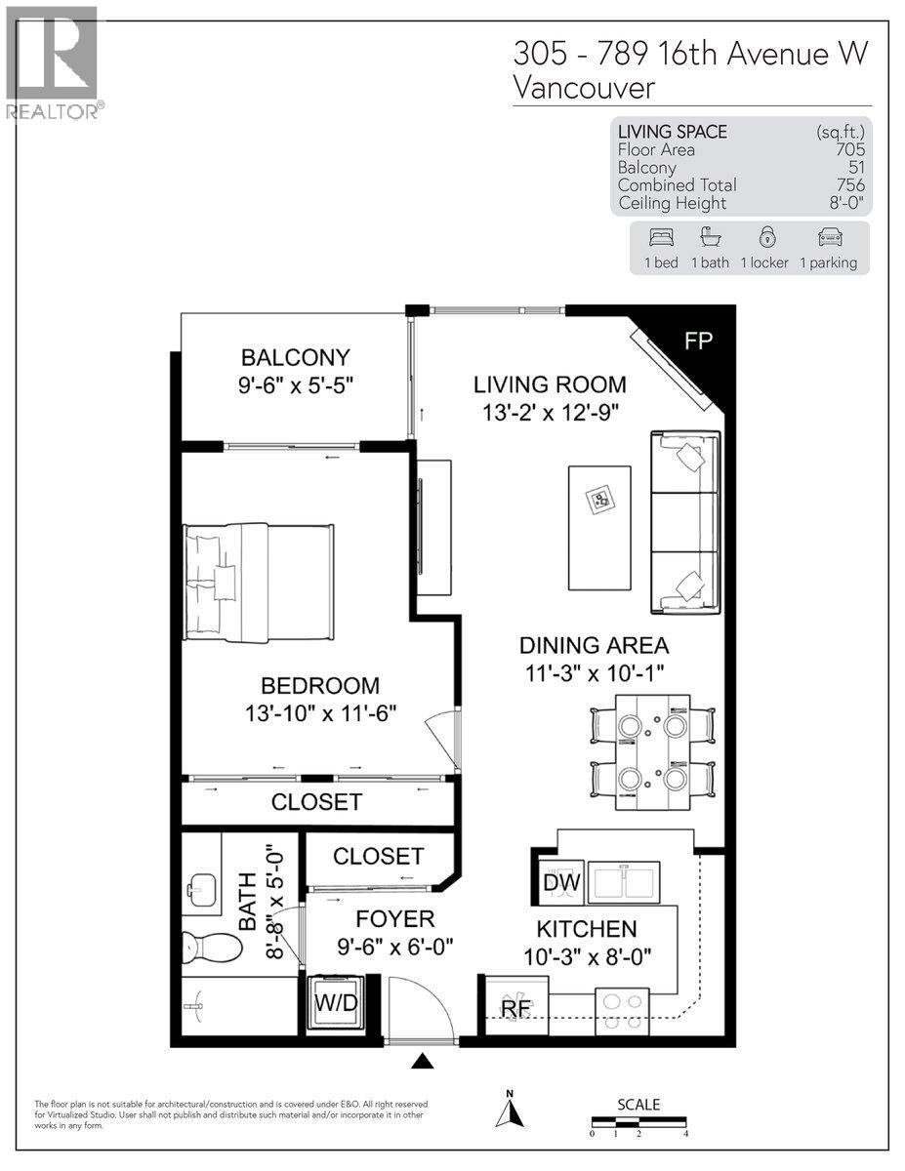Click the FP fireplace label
point(699,341)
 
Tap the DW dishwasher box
point(561,884)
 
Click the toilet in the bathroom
point(213,947)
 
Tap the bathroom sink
point(204,889)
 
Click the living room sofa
point(685,523)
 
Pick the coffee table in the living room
point(599,528)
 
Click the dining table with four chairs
point(652,752)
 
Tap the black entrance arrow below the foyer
point(422,1062)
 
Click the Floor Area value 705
point(849,149)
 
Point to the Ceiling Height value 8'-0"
point(845,203)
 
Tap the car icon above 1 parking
point(828,237)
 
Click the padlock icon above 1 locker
point(767,237)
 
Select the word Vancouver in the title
point(584,88)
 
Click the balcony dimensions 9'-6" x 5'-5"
point(295,385)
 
